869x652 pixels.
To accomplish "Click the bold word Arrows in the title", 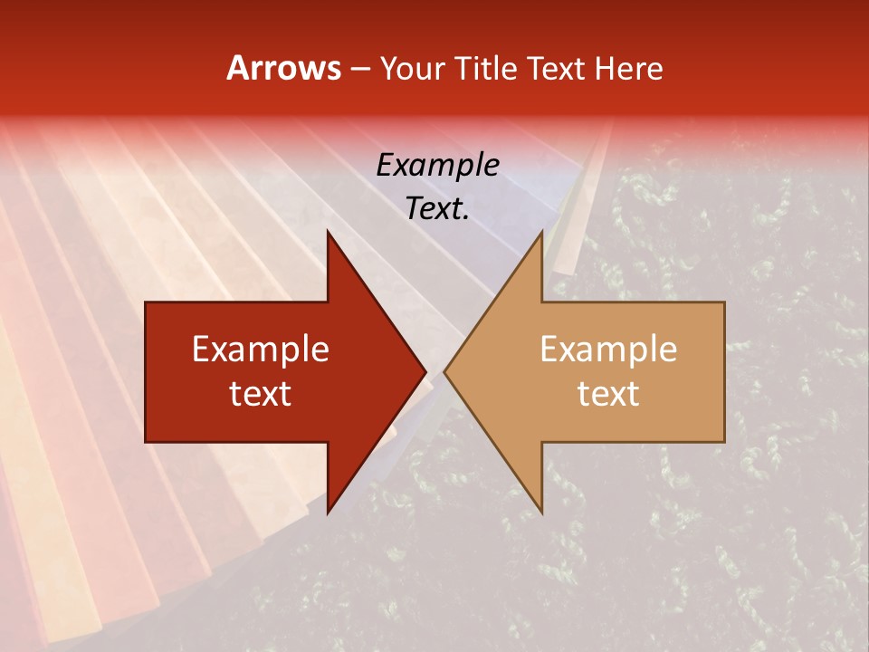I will coord(283,69).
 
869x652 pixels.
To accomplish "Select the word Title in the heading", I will coord(486,69).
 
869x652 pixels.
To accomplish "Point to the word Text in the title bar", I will coord(555,69).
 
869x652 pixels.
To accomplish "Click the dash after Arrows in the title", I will coord(359,70).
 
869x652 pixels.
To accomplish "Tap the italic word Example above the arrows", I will coord(437,167).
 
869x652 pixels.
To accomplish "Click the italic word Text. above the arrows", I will coord(437,209).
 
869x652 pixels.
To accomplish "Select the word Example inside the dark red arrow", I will coord(261,350).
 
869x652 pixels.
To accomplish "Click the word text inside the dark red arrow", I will coord(261,394).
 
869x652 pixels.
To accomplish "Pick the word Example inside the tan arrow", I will coord(608,350).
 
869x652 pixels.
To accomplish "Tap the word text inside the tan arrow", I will coord(608,394).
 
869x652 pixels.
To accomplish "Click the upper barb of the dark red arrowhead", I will coord(329,235).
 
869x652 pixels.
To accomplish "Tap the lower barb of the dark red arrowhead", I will coord(329,509).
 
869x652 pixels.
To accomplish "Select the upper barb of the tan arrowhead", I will coord(540,235).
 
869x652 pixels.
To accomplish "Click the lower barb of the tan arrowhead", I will coord(540,509).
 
